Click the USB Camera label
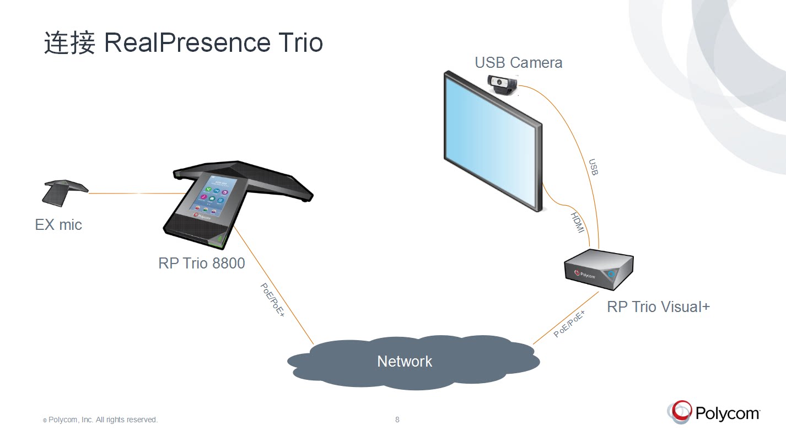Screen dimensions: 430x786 pyautogui.click(x=518, y=62)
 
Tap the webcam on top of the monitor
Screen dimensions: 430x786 pyautogui.click(x=503, y=84)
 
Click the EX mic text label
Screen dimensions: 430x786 pyautogui.click(x=58, y=224)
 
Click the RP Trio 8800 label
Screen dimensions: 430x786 pyautogui.click(x=201, y=264)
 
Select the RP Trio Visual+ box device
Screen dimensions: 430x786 pyautogui.click(x=598, y=270)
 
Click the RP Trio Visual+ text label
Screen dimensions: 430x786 pyautogui.click(x=658, y=307)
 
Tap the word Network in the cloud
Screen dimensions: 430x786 pyautogui.click(x=405, y=361)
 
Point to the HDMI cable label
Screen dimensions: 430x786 pyautogui.click(x=577, y=222)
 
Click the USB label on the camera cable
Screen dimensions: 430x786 pyautogui.click(x=593, y=167)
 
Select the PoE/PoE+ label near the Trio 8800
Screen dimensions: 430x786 pyautogui.click(x=272, y=299)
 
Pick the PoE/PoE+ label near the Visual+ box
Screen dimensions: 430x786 pyautogui.click(x=569, y=324)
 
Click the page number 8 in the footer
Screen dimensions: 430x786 pyautogui.click(x=397, y=420)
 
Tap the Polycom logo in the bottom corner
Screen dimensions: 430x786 pyautogui.click(x=714, y=412)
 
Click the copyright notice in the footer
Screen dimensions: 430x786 pyautogui.click(x=100, y=420)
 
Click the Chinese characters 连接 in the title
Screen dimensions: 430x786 pyautogui.click(x=70, y=43)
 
